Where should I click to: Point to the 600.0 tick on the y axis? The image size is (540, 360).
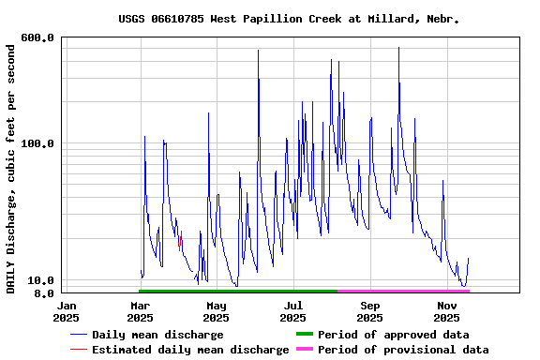click(x=37, y=37)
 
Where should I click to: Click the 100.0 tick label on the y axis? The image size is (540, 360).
click(x=37, y=143)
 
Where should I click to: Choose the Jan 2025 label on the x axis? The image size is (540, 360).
click(x=67, y=311)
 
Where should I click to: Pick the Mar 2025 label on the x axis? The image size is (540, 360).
click(x=140, y=311)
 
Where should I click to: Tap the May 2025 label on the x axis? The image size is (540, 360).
click(x=217, y=311)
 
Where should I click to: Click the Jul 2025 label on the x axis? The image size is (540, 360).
click(x=293, y=311)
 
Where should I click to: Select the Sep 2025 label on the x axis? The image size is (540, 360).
click(x=370, y=311)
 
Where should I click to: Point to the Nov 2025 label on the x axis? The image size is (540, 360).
click(x=447, y=311)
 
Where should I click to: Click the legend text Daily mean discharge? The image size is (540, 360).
click(x=157, y=335)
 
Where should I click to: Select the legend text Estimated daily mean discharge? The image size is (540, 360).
click(x=190, y=350)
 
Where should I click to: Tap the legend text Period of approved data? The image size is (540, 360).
click(x=393, y=335)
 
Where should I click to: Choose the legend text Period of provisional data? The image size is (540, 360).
click(x=402, y=350)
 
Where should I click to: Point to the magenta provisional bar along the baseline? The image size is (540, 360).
click(x=403, y=292)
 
